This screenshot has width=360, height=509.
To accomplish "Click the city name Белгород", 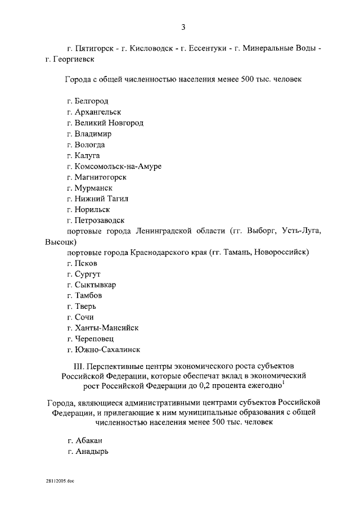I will click(x=91, y=101).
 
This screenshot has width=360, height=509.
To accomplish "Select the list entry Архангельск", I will click(x=97, y=112).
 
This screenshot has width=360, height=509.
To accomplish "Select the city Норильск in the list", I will click(x=92, y=209).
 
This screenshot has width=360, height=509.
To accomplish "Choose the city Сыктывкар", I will click(x=96, y=285).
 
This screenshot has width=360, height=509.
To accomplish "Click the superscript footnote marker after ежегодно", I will click(x=282, y=384).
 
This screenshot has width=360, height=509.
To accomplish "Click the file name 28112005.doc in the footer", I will click(x=60, y=483).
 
